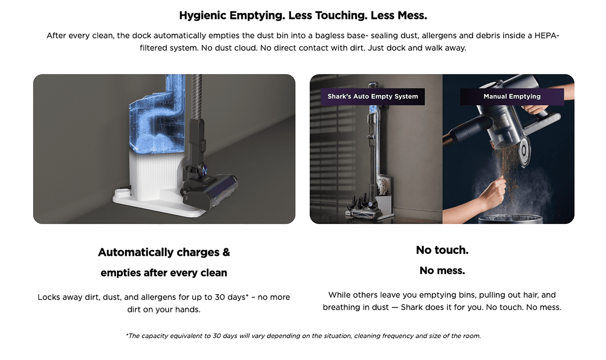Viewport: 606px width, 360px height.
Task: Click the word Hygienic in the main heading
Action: (x=203, y=16)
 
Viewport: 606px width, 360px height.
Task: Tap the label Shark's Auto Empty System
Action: (x=373, y=96)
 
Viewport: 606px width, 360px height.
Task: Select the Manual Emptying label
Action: (x=512, y=96)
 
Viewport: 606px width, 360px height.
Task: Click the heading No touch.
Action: (x=442, y=250)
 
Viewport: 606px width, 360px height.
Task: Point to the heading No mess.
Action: (x=442, y=270)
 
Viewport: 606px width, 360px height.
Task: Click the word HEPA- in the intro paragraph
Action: (x=547, y=36)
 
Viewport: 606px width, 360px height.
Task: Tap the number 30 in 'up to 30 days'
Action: (x=220, y=297)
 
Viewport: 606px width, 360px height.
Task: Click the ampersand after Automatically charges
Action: (x=226, y=252)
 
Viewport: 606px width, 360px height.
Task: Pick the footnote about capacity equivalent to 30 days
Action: (x=303, y=336)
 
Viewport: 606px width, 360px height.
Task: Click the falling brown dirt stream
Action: (x=508, y=168)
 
